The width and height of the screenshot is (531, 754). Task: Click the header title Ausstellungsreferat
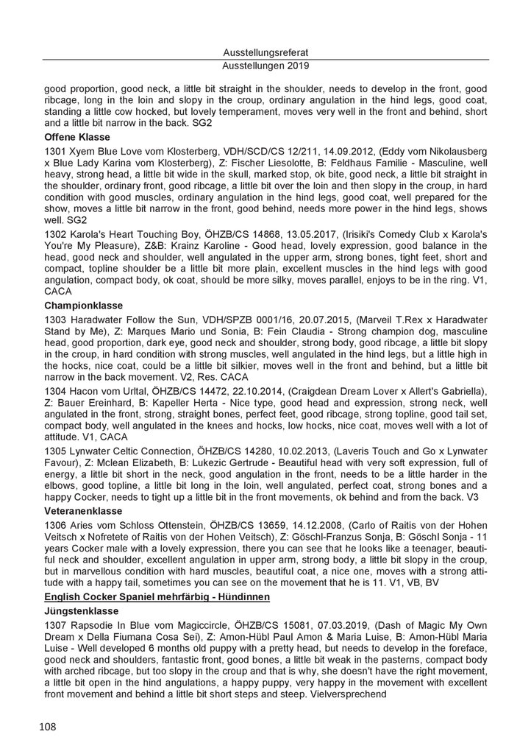(x=265, y=52)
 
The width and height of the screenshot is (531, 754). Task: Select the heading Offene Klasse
(x=77, y=138)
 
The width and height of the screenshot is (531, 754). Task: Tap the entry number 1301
(x=56, y=152)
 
